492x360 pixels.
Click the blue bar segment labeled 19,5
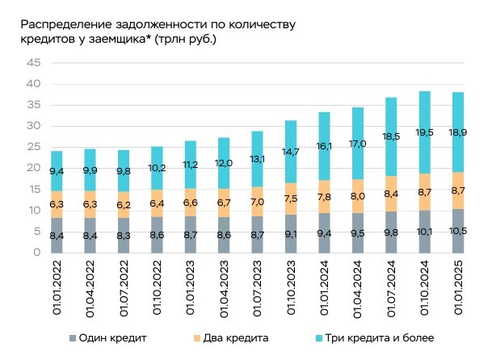(x=423, y=133)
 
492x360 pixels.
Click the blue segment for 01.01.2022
(x=57, y=171)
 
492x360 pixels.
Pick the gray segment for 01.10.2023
(x=290, y=233)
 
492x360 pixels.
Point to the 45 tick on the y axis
(x=32, y=63)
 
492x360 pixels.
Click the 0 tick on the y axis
(x=36, y=253)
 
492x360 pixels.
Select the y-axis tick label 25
(x=32, y=148)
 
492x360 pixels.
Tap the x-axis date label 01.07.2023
(x=258, y=292)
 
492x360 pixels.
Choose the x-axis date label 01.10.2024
(x=424, y=292)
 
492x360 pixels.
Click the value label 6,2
(x=124, y=206)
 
